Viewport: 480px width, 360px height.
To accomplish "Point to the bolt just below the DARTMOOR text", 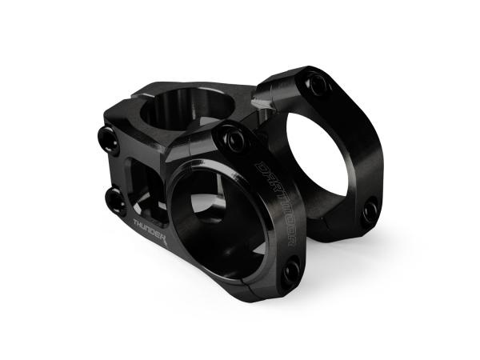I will (x=292, y=270).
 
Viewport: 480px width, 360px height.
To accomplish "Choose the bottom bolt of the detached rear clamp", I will (x=370, y=211).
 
